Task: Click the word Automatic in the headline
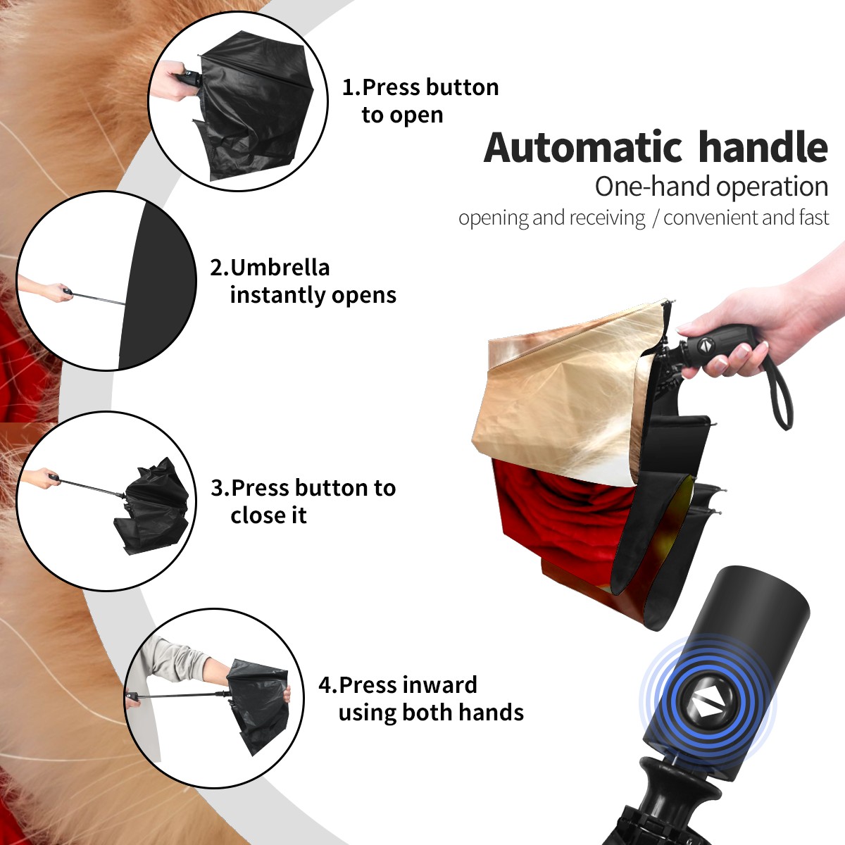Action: click(x=583, y=148)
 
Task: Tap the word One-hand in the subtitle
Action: click(x=653, y=187)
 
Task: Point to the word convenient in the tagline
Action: click(x=710, y=217)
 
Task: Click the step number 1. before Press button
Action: click(x=351, y=87)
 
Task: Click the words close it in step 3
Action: click(x=268, y=515)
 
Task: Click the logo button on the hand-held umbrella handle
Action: click(x=705, y=346)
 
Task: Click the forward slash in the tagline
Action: click(x=655, y=218)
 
